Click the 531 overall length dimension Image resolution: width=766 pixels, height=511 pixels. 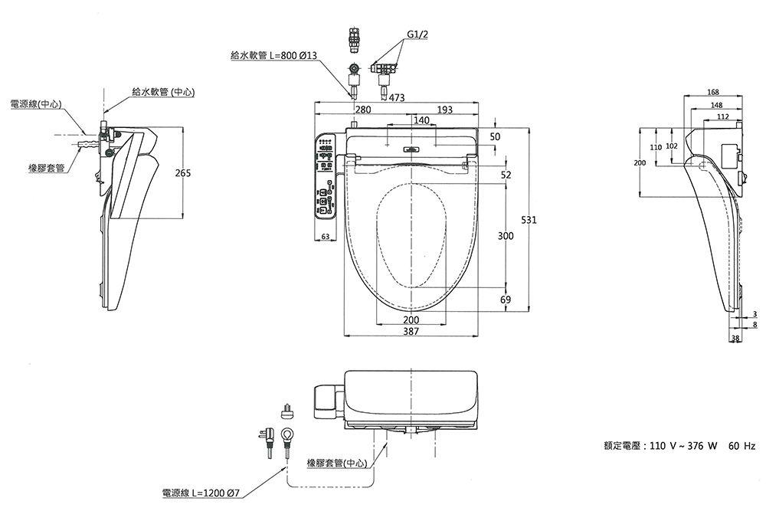[529, 220]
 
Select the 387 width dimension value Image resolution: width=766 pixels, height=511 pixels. [411, 331]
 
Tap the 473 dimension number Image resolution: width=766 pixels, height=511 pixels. [397, 98]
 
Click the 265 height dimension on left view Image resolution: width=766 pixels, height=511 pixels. [183, 173]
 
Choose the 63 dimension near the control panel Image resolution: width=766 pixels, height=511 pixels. [326, 237]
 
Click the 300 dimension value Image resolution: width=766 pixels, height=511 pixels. [506, 236]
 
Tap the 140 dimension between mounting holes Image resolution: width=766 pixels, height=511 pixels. [421, 120]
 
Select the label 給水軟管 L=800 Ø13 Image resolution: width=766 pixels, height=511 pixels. [273, 55]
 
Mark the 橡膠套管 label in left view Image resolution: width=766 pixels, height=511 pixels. [45, 167]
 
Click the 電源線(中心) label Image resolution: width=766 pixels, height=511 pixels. [36, 103]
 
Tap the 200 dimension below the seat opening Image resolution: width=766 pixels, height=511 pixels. [411, 319]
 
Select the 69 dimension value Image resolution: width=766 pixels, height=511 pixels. [506, 300]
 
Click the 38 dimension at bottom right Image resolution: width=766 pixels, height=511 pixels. [735, 338]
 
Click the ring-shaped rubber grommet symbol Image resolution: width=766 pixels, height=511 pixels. [286, 435]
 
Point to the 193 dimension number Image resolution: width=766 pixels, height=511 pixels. [444, 110]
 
